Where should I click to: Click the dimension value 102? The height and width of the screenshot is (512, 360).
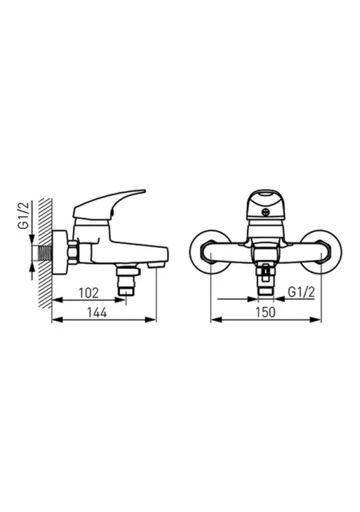point(89,293)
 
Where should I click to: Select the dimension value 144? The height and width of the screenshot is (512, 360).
point(97,313)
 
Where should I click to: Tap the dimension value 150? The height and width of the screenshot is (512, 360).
point(266,312)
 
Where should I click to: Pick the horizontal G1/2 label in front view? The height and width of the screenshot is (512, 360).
point(302,292)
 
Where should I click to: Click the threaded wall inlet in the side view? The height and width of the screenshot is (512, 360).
point(46,253)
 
